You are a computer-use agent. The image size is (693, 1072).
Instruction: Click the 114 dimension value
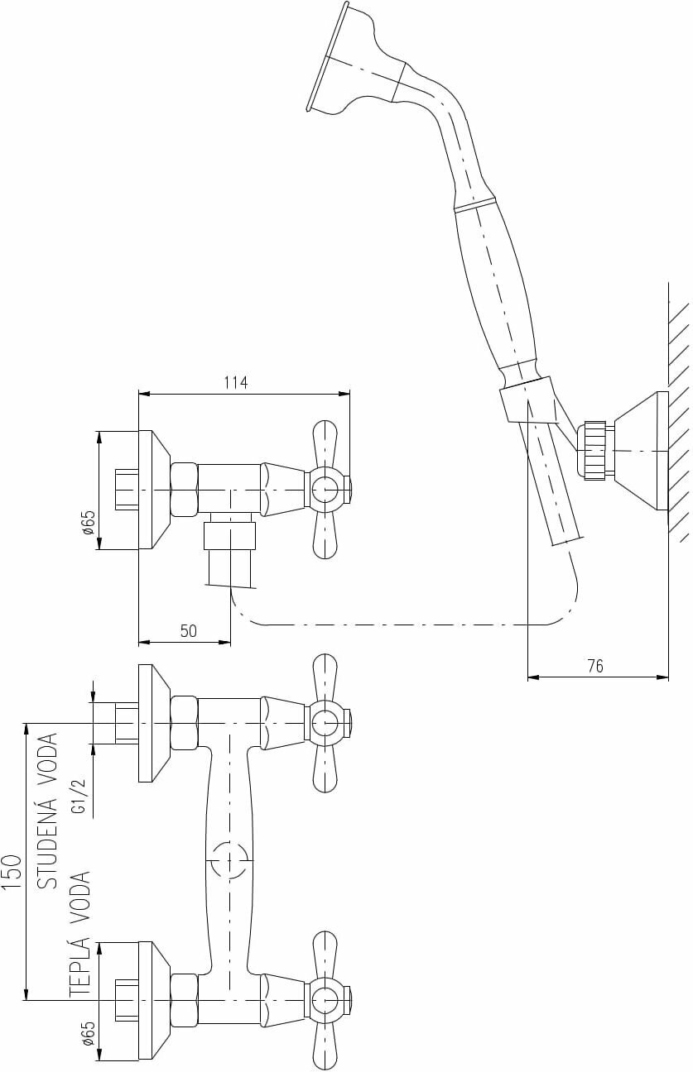(236, 382)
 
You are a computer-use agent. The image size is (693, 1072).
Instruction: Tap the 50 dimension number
(189, 631)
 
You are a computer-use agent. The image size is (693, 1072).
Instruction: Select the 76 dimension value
(594, 666)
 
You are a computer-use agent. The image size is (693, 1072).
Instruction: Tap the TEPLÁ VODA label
(79, 932)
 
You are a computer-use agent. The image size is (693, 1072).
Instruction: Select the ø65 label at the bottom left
(89, 1034)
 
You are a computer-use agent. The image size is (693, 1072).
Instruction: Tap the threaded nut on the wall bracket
(594, 451)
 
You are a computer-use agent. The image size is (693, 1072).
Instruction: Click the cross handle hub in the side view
(325, 490)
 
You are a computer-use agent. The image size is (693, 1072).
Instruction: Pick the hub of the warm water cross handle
(325, 999)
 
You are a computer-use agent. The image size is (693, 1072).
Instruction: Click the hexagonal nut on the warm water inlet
(185, 999)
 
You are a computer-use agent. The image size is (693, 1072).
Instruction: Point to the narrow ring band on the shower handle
(475, 204)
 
